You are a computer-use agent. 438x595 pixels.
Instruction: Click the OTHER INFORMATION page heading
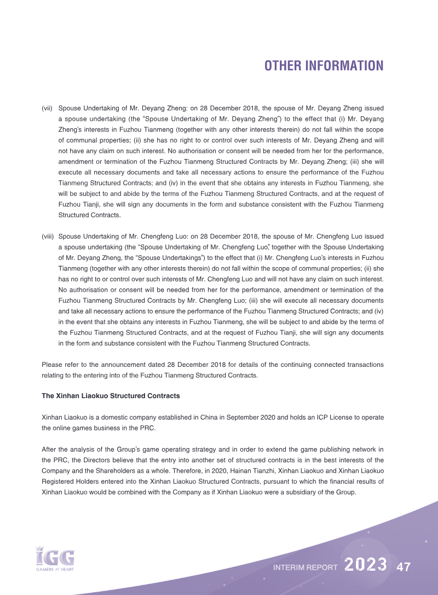pos(324,66)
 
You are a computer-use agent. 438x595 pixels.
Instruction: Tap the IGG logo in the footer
pos(54,557)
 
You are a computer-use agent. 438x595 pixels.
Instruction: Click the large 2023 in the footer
pos(366,565)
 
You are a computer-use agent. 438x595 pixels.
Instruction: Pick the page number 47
pos(404,566)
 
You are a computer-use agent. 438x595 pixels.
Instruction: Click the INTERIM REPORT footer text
pos(306,568)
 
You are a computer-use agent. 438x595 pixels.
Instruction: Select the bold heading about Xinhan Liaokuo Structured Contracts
pos(111,395)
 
